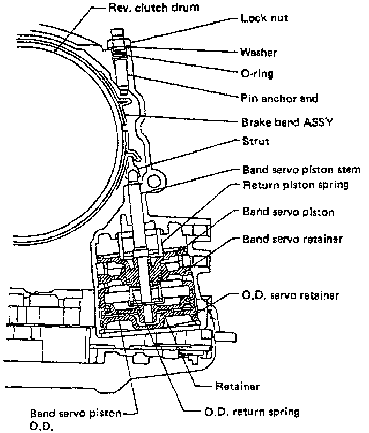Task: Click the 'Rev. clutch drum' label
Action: (139, 8)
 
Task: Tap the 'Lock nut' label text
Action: (257, 18)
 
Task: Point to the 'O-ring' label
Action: (256, 74)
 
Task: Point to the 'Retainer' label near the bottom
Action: (230, 386)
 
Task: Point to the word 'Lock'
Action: (249, 18)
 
